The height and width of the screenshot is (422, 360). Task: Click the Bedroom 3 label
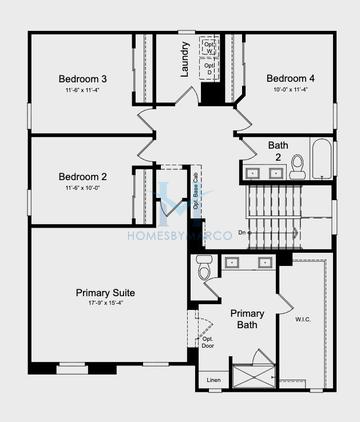click(83, 78)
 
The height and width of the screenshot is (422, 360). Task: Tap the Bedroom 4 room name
click(291, 78)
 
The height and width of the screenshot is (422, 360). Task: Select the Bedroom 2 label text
click(83, 177)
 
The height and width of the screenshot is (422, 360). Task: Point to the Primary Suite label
click(105, 293)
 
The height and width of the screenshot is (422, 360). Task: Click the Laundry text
click(185, 59)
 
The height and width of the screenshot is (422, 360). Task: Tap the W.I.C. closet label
click(304, 321)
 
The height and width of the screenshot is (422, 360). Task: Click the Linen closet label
click(213, 380)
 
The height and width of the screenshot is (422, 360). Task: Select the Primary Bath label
click(247, 319)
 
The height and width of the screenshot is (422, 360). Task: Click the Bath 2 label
click(278, 151)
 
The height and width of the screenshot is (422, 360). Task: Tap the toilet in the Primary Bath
click(204, 267)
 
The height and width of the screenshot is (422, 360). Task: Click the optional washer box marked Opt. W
click(210, 46)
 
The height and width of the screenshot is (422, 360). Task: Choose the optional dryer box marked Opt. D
click(210, 69)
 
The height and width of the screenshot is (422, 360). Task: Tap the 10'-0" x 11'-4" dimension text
click(291, 90)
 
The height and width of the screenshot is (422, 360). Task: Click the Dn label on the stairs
click(242, 234)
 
